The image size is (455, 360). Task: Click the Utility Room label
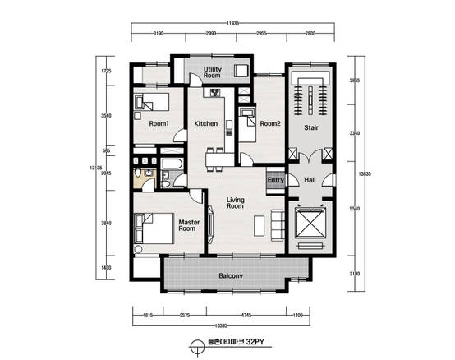click(212, 72)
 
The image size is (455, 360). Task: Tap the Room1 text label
click(159, 124)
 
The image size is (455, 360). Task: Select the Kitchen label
click(205, 124)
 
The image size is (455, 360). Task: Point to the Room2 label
click(270, 124)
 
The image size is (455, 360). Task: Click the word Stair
click(311, 128)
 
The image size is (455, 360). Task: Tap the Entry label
click(275, 180)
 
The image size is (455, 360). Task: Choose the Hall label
click(310, 180)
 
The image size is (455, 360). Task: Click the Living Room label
click(236, 203)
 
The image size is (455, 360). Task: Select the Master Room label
click(187, 225)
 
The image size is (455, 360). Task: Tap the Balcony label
click(231, 276)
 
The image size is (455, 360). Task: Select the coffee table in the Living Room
click(260, 224)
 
